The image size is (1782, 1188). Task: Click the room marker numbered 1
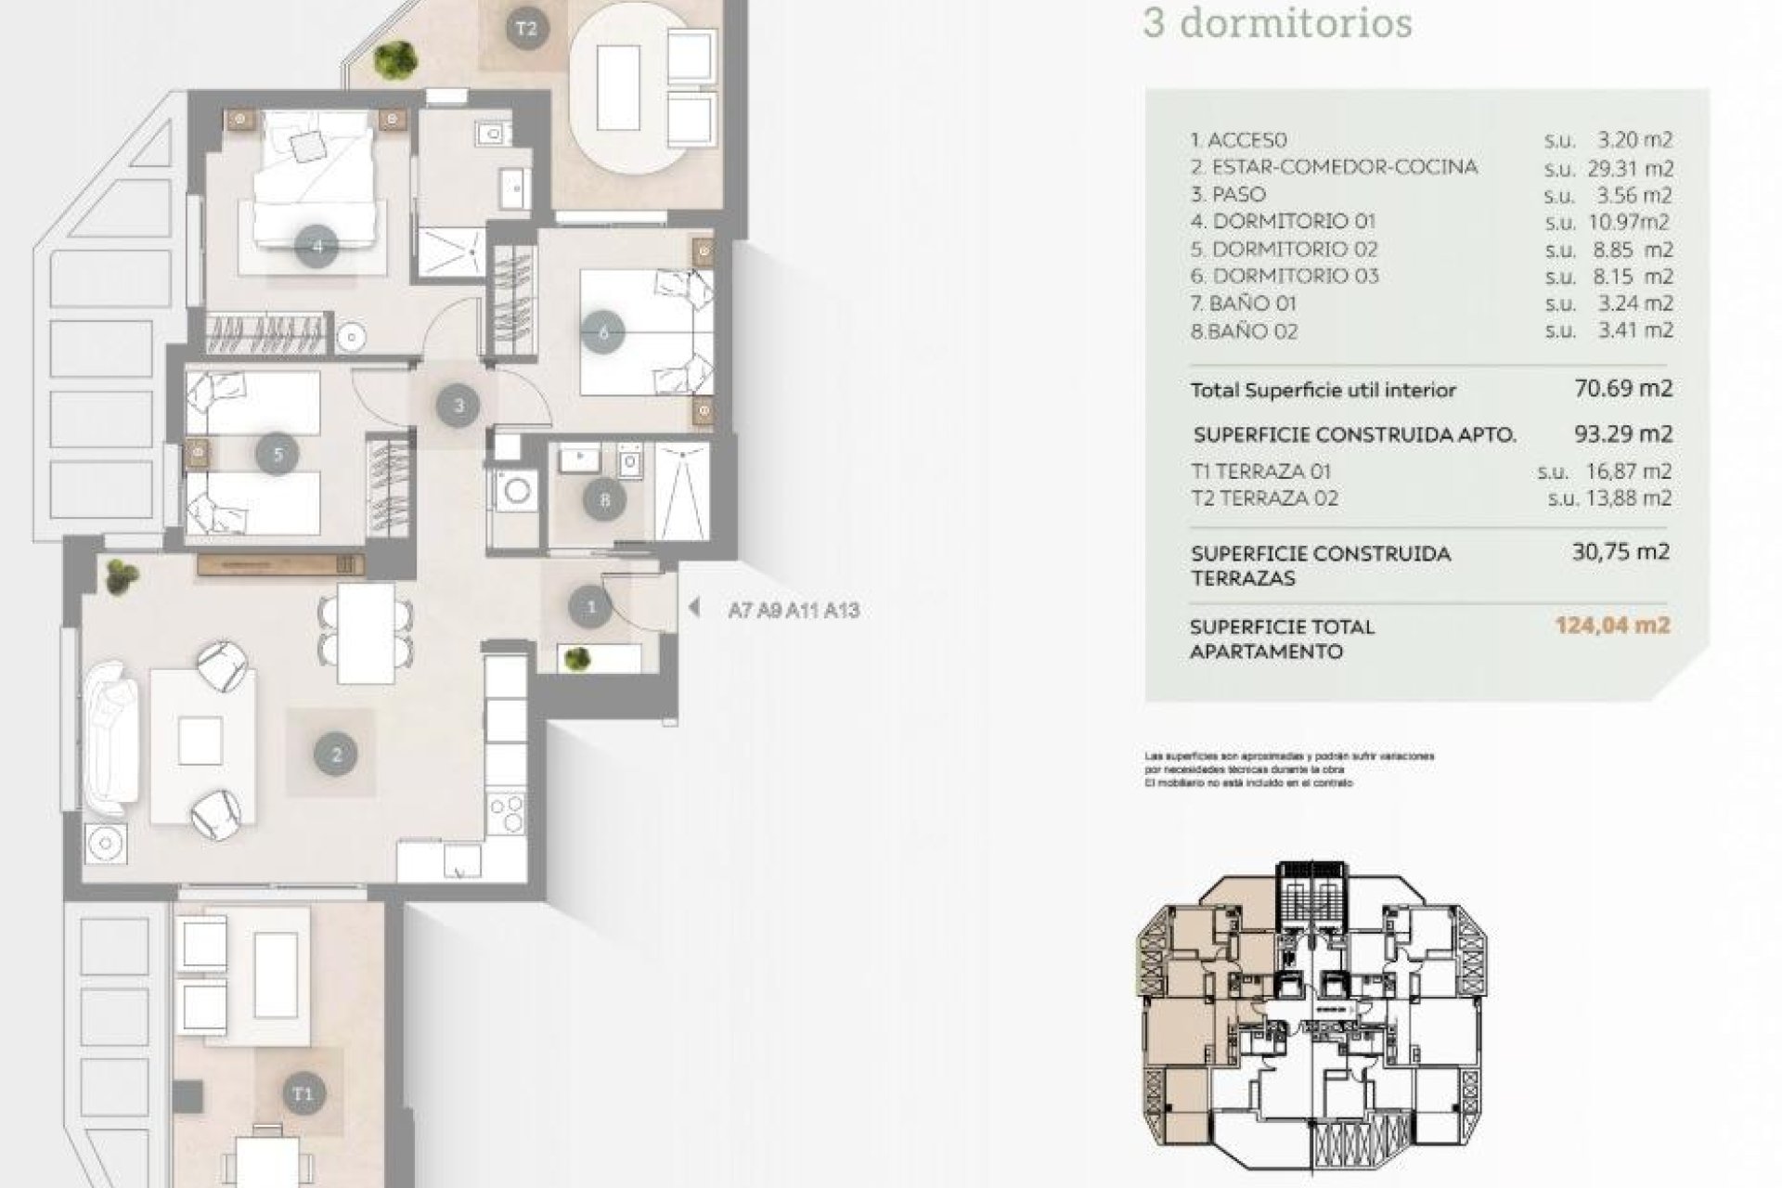click(591, 608)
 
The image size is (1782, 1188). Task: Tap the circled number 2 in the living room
click(336, 754)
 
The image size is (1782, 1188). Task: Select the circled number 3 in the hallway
click(458, 405)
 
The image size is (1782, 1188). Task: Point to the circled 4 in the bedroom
click(317, 247)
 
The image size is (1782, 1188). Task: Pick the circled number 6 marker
click(604, 331)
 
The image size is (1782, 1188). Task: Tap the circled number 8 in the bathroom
click(605, 501)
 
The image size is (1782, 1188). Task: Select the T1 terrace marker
click(303, 1093)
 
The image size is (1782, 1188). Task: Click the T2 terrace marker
click(526, 29)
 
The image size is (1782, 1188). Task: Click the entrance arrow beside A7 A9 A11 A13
click(693, 609)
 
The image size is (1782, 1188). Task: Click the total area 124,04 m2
click(1612, 626)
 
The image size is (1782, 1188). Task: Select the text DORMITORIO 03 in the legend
click(1296, 277)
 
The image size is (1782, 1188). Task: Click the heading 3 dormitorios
click(1277, 23)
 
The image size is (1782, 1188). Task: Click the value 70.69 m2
click(1623, 388)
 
